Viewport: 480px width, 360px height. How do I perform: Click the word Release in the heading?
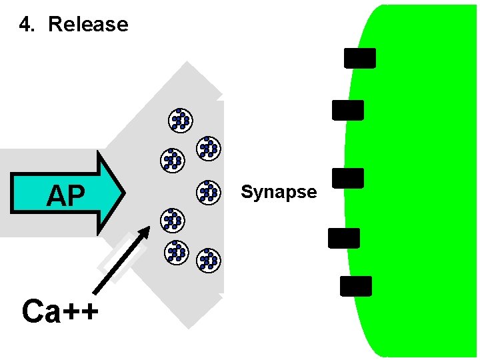88,25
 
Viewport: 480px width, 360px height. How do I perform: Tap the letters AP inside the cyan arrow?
66,195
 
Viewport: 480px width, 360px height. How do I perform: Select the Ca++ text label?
60,311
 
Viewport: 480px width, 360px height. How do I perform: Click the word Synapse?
279,193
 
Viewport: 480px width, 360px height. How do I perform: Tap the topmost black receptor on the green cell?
360,58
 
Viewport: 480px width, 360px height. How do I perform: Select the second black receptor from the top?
348,110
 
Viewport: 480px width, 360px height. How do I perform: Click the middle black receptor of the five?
347,178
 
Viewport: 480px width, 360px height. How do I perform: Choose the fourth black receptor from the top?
343,238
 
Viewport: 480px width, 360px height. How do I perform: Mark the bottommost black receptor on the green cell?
355,286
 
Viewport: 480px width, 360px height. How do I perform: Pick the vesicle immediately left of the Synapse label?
209,192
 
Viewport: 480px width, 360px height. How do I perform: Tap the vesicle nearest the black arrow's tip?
173,220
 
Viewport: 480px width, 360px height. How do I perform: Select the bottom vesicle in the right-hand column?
209,259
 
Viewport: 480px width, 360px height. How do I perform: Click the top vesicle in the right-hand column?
209,148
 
